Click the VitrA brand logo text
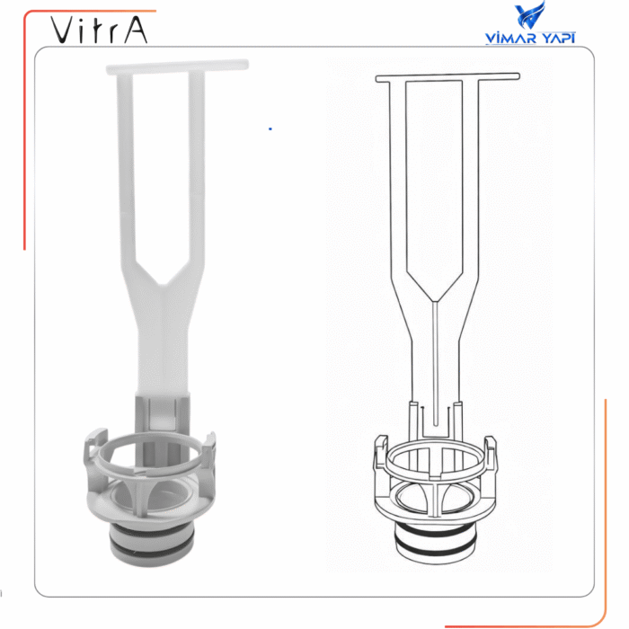coord(99,30)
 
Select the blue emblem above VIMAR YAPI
coord(530,15)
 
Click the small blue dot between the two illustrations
coord(270,128)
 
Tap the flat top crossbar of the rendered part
coord(177,66)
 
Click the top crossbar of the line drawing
coord(447,77)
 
